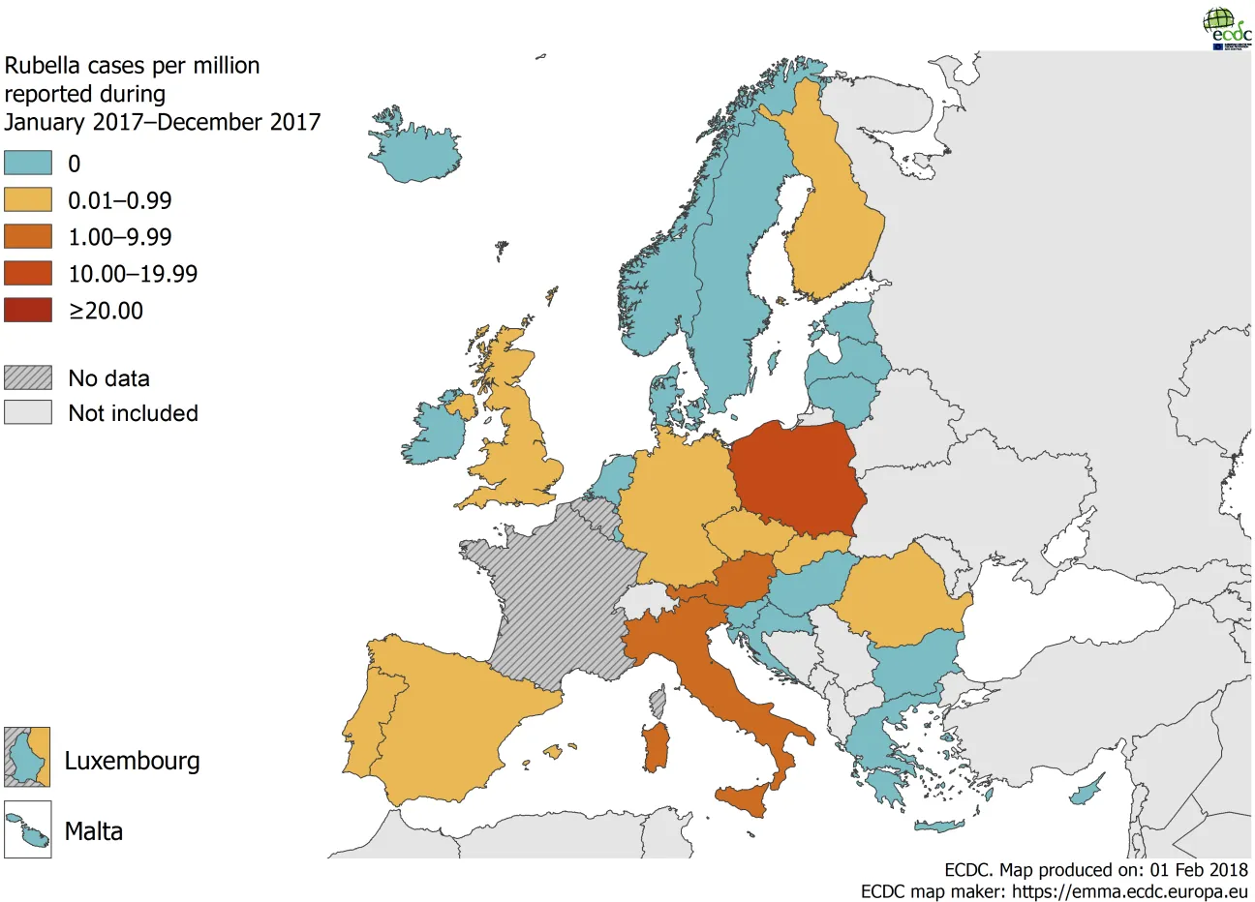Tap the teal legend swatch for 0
point(27,163)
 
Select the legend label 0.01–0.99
point(119,200)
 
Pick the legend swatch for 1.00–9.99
point(27,237)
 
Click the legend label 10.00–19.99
point(132,274)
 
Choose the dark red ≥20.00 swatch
point(27,311)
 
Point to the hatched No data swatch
point(27,377)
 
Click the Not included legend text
point(133,413)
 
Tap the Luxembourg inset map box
point(27,757)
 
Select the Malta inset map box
point(27,829)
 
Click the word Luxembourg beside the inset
point(132,761)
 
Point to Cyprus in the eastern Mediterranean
point(1087,793)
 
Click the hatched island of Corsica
point(658,703)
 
